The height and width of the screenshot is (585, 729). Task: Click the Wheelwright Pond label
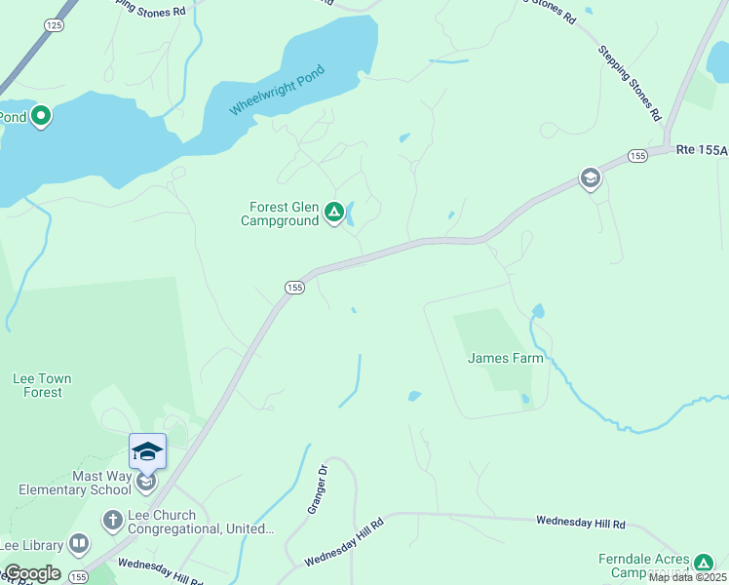point(276,90)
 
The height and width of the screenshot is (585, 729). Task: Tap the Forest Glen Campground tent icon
point(334,211)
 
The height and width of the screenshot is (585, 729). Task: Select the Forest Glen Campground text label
point(284,214)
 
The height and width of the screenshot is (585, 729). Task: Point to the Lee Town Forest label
point(41,385)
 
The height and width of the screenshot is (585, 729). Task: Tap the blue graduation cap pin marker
point(147,451)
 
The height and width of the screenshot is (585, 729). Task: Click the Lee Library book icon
point(80,545)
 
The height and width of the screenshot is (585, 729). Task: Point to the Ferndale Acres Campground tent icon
point(704,563)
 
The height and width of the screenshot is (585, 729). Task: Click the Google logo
point(31,573)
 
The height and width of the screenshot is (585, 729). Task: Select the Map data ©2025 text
point(686,577)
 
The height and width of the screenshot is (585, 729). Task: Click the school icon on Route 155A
point(590,178)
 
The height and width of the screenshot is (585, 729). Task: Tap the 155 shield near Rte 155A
point(637,156)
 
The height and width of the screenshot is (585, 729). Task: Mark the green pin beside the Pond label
point(41,117)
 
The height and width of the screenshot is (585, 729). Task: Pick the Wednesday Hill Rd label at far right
point(581,523)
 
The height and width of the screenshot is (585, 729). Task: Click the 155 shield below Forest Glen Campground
point(295,287)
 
